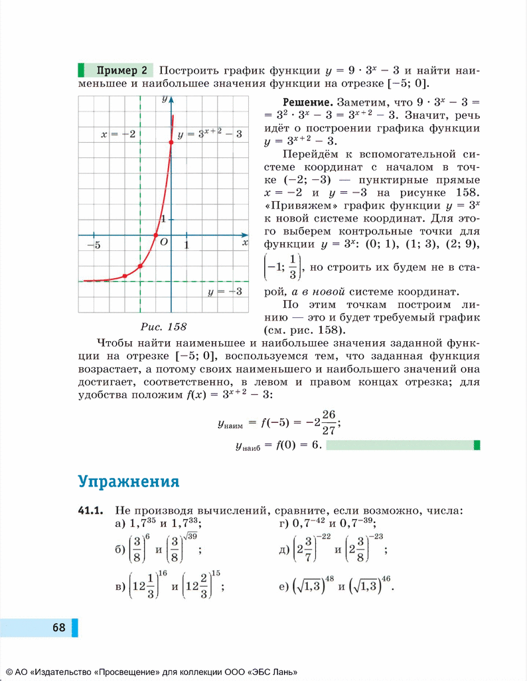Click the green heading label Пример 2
click(x=121, y=70)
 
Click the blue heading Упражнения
click(x=128, y=480)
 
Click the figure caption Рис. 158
click(x=163, y=327)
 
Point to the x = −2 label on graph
click(x=118, y=134)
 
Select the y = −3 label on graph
click(x=224, y=292)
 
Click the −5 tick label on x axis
click(x=94, y=246)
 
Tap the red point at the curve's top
click(x=171, y=141)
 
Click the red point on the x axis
click(x=156, y=235)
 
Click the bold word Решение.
click(x=307, y=103)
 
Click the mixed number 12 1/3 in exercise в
click(x=143, y=586)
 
